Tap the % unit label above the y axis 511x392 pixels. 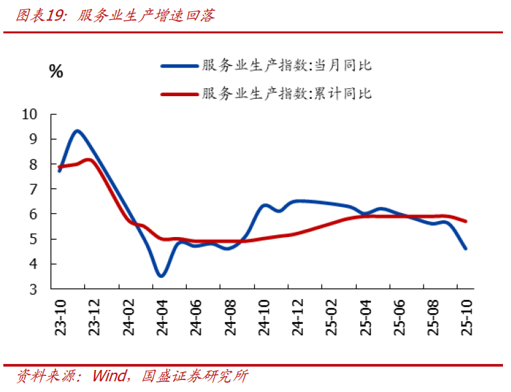[56, 71]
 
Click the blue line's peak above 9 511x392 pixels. [77, 131]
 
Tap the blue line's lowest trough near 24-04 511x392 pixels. [160, 276]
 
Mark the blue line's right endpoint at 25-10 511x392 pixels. [466, 248]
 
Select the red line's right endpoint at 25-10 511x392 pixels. [466, 221]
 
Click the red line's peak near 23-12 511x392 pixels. [89, 160]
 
